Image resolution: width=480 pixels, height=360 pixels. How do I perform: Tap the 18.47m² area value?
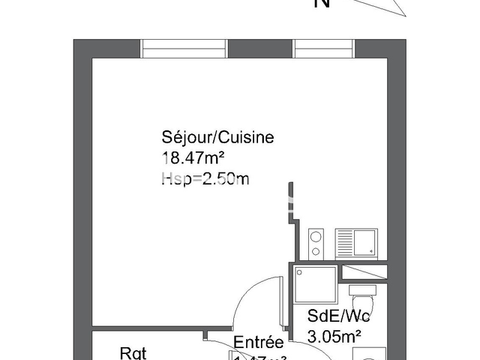tap(194, 157)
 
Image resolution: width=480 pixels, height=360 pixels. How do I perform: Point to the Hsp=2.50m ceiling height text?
tap(205, 178)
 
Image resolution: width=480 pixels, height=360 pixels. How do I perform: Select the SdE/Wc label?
tap(338, 316)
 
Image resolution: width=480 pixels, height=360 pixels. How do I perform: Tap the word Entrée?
tap(258, 343)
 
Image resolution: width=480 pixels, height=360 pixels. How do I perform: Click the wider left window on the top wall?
tap(184, 48)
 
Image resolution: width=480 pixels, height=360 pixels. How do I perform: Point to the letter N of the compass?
tap(323, 4)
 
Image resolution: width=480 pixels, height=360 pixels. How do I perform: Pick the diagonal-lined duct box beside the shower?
tap(364, 271)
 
